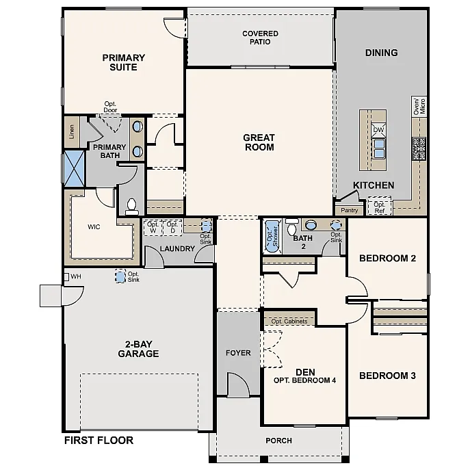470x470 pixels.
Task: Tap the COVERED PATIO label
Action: tap(260, 37)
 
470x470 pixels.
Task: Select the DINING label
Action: tap(381, 53)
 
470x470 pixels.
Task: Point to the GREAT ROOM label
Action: tap(259, 142)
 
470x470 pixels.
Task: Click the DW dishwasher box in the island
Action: tap(378, 129)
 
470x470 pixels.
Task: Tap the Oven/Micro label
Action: tap(419, 105)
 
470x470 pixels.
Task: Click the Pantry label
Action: tap(349, 211)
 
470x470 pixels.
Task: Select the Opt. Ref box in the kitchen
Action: tap(379, 207)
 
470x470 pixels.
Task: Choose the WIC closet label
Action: tap(94, 226)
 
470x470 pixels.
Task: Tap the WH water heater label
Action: tap(75, 276)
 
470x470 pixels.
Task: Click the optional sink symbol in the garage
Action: tap(120, 277)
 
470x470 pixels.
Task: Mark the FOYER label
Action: tap(239, 353)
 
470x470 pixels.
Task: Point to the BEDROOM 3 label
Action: tap(387, 376)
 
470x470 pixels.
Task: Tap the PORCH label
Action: tap(278, 440)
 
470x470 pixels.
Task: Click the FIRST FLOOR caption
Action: tap(99, 440)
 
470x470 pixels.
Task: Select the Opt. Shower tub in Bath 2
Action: tap(271, 236)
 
